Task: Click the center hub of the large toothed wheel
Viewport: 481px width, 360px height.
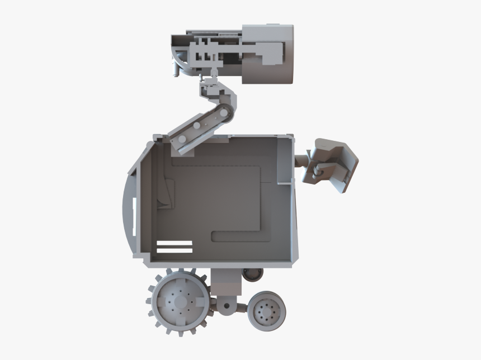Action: coord(180,302)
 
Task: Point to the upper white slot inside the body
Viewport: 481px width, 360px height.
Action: coord(175,243)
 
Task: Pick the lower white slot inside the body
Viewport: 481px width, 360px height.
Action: coord(175,250)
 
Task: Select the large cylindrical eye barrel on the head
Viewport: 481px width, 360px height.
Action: coord(267,54)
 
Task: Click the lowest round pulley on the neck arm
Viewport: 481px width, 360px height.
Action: coord(182,138)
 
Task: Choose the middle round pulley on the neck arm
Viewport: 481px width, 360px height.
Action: coord(197,128)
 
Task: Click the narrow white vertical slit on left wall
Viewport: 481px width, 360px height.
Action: coord(134,215)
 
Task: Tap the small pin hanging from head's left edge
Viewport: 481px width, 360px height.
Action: coord(175,70)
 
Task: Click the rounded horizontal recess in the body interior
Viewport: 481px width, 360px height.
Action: coord(238,236)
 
